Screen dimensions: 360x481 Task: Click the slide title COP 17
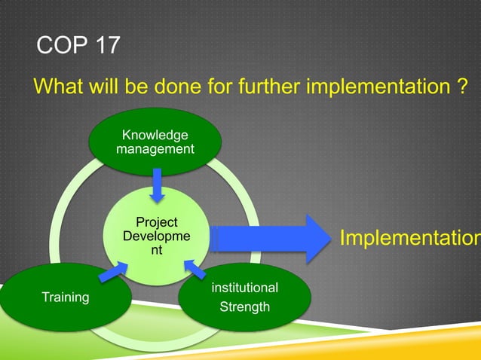click(x=78, y=45)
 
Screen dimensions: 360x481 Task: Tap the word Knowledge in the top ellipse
click(x=155, y=135)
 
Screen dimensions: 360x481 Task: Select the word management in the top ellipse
click(x=155, y=149)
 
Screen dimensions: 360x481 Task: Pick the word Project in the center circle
click(x=156, y=222)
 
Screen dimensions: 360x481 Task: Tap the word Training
click(x=65, y=297)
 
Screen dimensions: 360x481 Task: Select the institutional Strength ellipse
click(x=244, y=297)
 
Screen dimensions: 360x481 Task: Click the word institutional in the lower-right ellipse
click(x=244, y=288)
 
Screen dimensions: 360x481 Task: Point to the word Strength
click(x=244, y=307)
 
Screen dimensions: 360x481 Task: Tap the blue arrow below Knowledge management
click(x=157, y=185)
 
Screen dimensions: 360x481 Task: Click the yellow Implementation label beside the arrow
click(x=409, y=239)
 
